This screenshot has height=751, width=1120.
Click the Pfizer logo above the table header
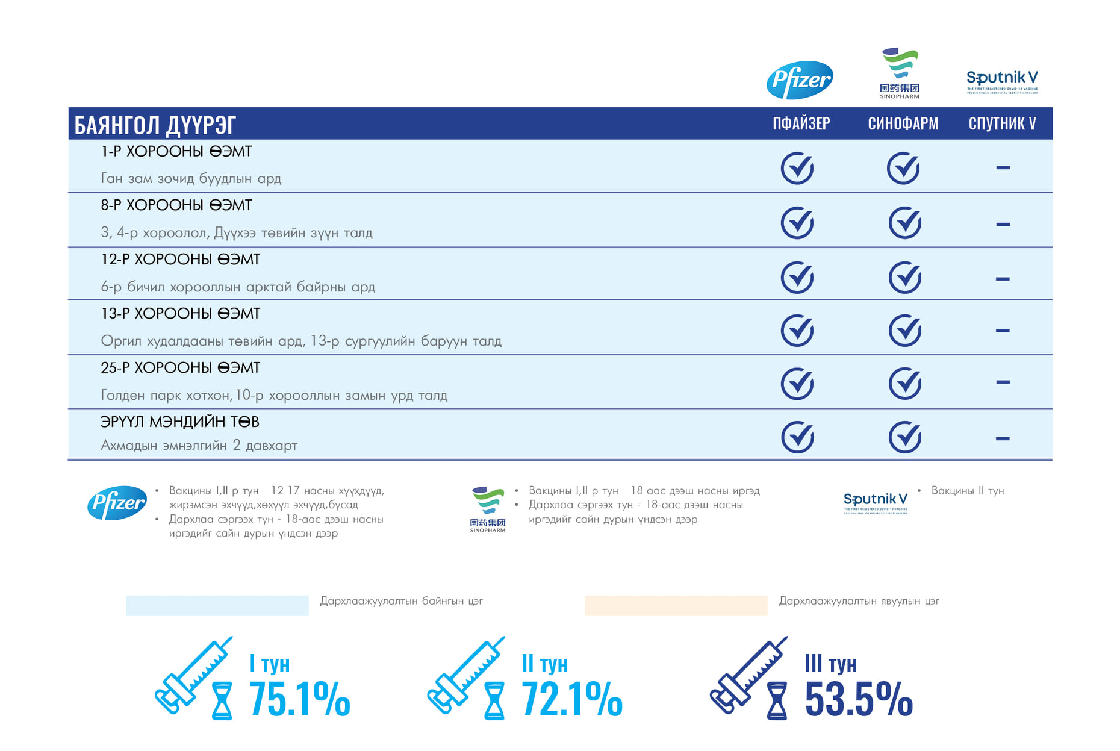click(800, 79)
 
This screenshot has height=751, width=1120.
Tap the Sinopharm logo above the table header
click(900, 73)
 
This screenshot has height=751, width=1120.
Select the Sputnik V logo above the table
click(1002, 81)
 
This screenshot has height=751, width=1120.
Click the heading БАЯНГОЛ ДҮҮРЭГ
click(155, 125)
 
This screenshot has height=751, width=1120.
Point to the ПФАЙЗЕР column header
click(801, 124)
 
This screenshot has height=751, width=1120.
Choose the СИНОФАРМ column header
click(903, 124)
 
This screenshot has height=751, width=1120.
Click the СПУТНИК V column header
click(1002, 124)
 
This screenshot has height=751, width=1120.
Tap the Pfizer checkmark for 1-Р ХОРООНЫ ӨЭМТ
click(797, 168)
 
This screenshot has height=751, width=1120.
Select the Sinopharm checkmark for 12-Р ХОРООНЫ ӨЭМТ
click(904, 278)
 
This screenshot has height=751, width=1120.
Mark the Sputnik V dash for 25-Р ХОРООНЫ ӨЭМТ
click(1003, 382)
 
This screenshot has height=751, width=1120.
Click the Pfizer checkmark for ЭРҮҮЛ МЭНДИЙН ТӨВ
click(797, 437)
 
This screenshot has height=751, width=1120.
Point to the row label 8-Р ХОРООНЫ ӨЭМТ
click(176, 205)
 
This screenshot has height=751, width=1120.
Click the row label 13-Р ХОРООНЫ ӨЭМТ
click(181, 314)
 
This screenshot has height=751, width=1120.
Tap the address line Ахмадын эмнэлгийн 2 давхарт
click(199, 446)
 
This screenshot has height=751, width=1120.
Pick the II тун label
click(544, 664)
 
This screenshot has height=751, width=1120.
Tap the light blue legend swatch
click(217, 605)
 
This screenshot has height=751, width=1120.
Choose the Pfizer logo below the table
click(117, 503)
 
